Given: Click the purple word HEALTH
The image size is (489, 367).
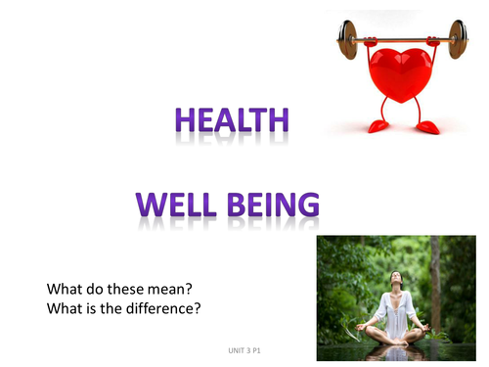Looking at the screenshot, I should [x=232, y=120].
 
